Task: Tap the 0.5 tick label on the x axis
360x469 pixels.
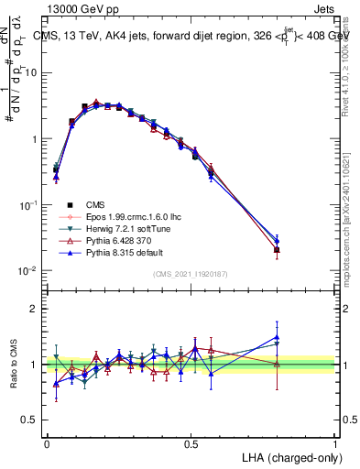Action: [x=191, y=442]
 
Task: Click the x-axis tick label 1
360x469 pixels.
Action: [x=335, y=442]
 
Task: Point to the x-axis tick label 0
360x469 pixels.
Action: [x=47, y=442]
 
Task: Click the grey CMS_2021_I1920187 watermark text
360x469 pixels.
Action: [x=191, y=274]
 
